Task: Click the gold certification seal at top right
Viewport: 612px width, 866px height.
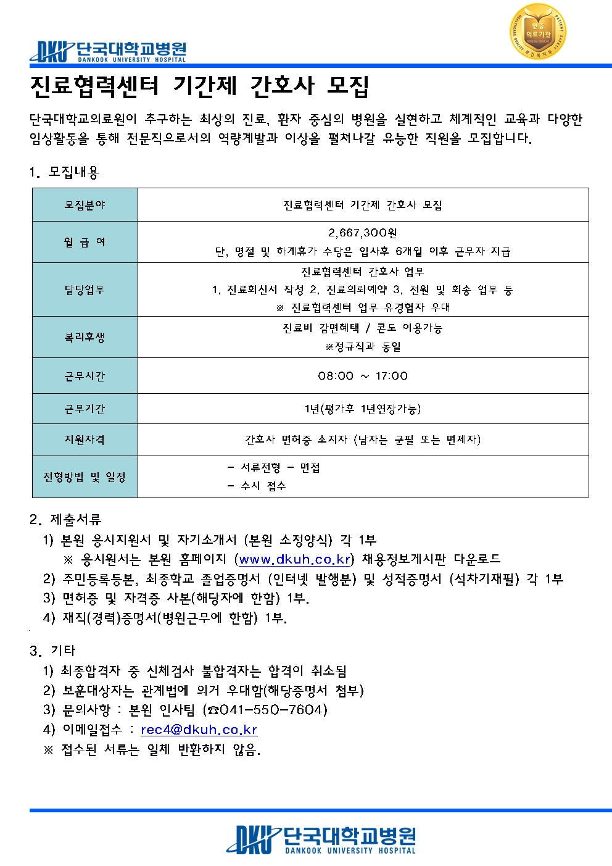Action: click(538, 31)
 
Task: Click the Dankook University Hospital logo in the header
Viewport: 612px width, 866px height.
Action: click(108, 51)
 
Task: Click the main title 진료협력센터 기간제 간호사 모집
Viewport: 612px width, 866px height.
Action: click(199, 86)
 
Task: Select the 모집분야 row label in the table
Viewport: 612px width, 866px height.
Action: click(85, 205)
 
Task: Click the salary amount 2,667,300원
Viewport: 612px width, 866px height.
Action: click(362, 233)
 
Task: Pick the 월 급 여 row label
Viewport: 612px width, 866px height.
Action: click(85, 242)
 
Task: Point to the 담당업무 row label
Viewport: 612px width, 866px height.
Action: click(85, 289)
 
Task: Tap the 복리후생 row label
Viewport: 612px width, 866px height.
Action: click(85, 337)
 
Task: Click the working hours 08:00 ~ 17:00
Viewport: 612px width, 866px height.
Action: click(362, 376)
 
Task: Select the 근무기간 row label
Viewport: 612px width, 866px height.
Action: click(85, 409)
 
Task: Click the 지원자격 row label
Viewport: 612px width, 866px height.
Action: click(85, 439)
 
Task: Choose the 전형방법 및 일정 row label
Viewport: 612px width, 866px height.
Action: click(85, 477)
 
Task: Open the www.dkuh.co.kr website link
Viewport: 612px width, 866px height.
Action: click(295, 559)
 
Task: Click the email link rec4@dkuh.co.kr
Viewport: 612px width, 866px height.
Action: click(199, 730)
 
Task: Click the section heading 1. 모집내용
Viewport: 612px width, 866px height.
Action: click(64, 172)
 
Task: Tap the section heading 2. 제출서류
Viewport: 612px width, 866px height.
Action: click(65, 519)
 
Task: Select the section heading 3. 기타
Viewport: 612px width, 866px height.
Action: click(52, 650)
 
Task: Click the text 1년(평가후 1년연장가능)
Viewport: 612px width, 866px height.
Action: click(362, 409)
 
